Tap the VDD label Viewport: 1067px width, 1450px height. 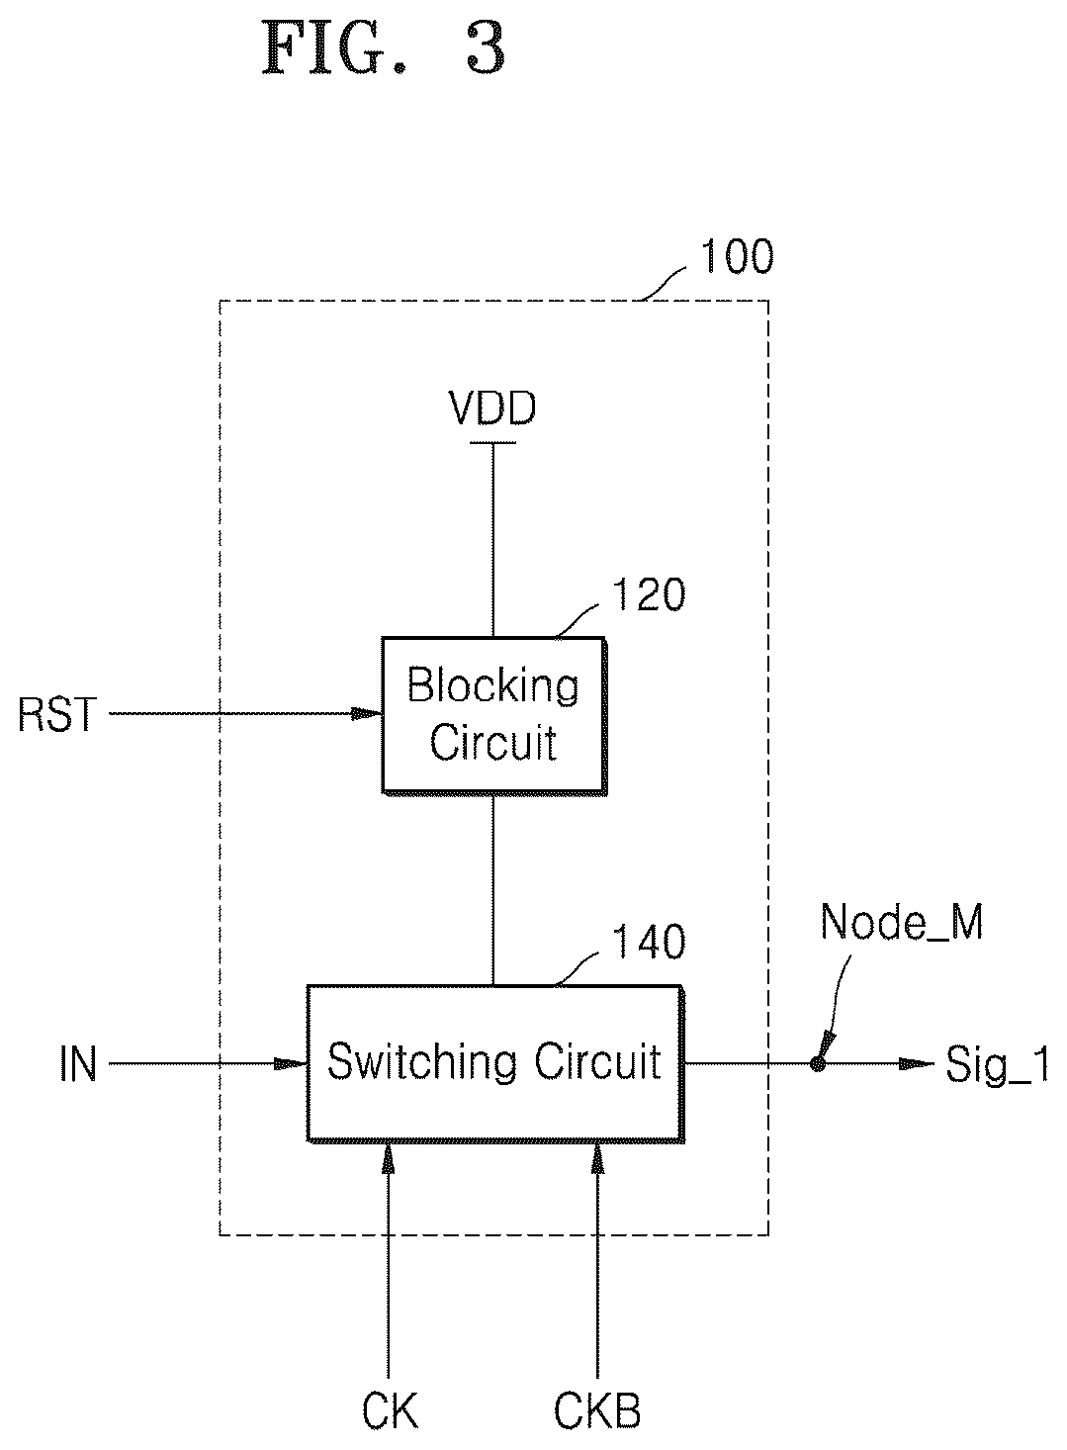[493, 409]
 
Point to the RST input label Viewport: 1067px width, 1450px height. [57, 715]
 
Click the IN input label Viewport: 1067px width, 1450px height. [78, 1064]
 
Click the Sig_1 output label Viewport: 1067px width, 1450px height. [997, 1066]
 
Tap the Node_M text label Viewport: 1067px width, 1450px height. [902, 924]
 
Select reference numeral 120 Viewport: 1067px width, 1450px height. [649, 594]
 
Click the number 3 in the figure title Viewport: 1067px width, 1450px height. [486, 49]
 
